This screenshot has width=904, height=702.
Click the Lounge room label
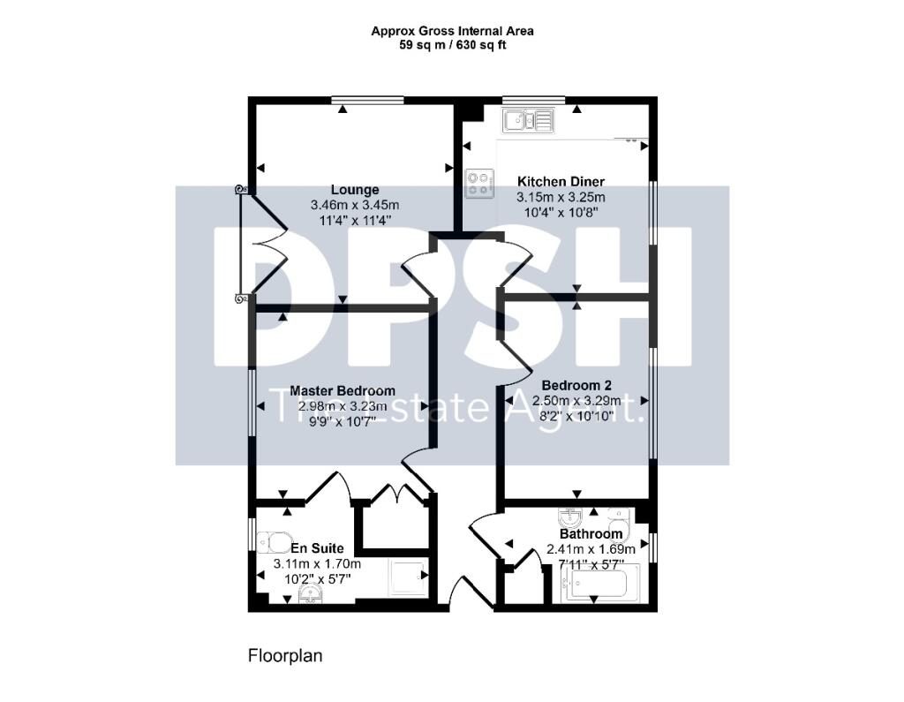[x=355, y=190]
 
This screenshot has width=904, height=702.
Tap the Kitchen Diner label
[x=561, y=182]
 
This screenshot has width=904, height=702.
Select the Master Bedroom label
[x=343, y=391]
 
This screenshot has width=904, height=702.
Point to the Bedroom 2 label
[x=576, y=385]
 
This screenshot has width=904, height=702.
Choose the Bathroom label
[x=591, y=534]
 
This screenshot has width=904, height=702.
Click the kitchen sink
[x=528, y=119]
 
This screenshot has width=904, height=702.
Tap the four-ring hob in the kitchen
[x=478, y=183]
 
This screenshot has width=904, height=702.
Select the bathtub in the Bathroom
[x=599, y=584]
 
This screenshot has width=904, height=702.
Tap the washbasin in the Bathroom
[x=569, y=517]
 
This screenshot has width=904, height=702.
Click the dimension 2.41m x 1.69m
[x=591, y=549]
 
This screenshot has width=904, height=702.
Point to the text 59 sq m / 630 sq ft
[x=452, y=44]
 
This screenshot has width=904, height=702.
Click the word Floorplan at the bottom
[x=284, y=656]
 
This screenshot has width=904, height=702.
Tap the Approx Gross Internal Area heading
[x=452, y=31]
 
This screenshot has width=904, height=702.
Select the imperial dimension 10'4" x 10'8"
[x=561, y=212]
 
